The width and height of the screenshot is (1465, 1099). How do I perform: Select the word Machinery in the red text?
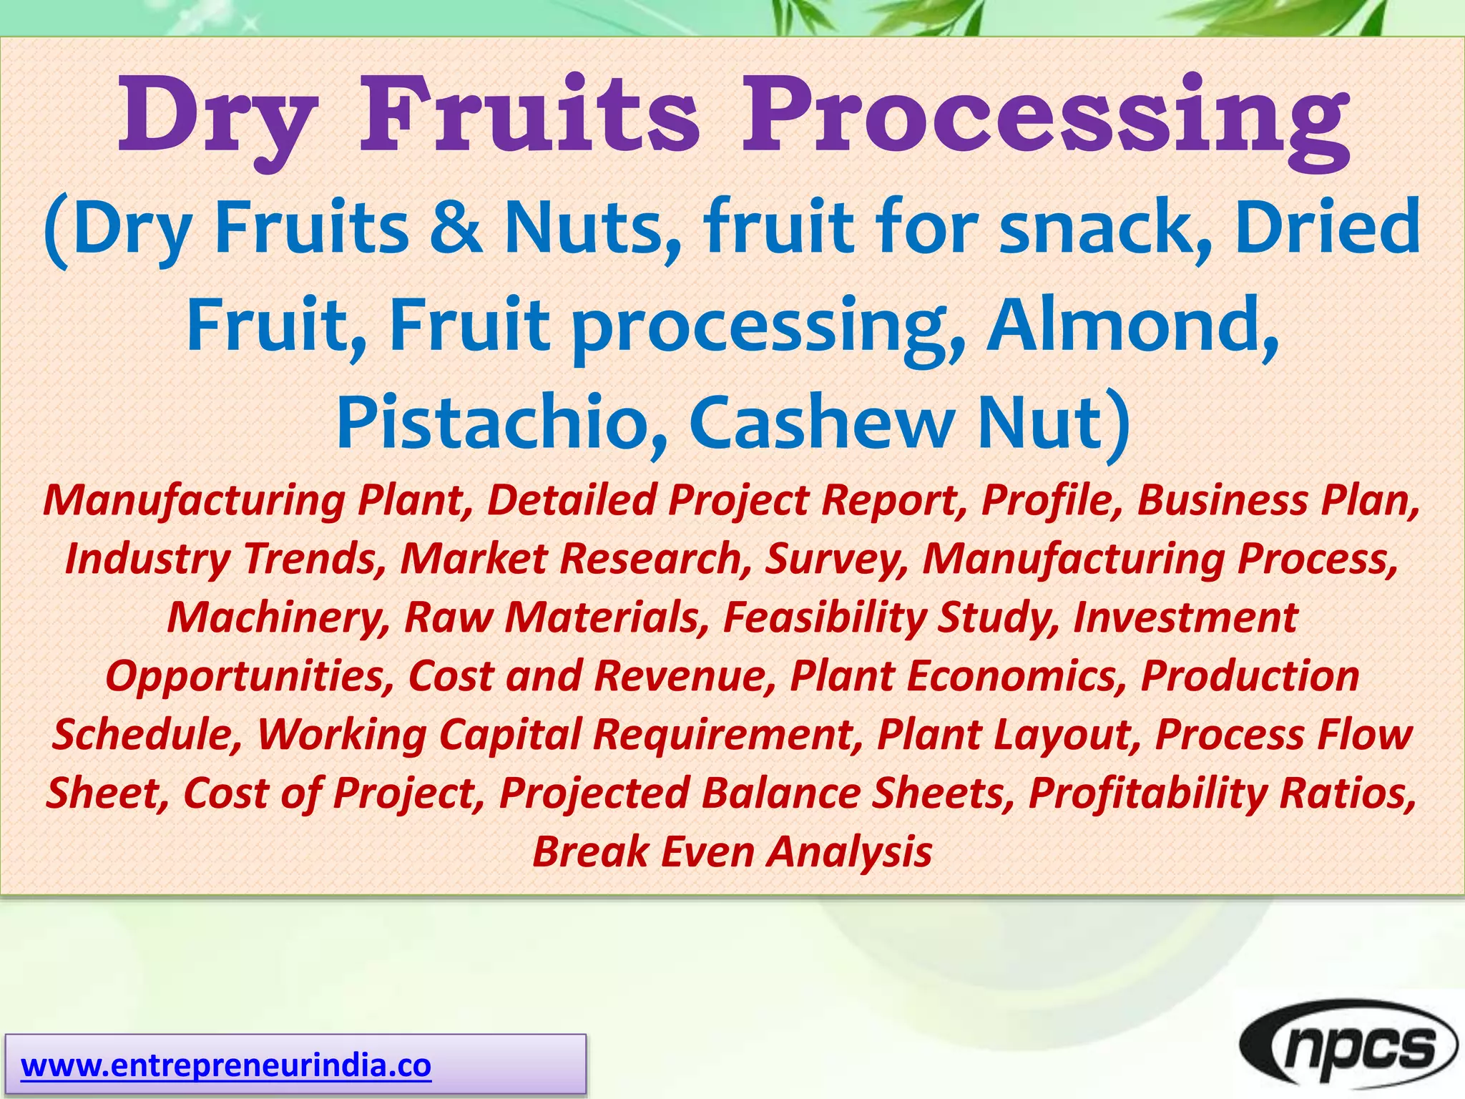(278, 617)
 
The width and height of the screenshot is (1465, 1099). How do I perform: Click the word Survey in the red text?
(836, 559)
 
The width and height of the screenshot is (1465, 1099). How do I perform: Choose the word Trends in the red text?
(315, 559)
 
